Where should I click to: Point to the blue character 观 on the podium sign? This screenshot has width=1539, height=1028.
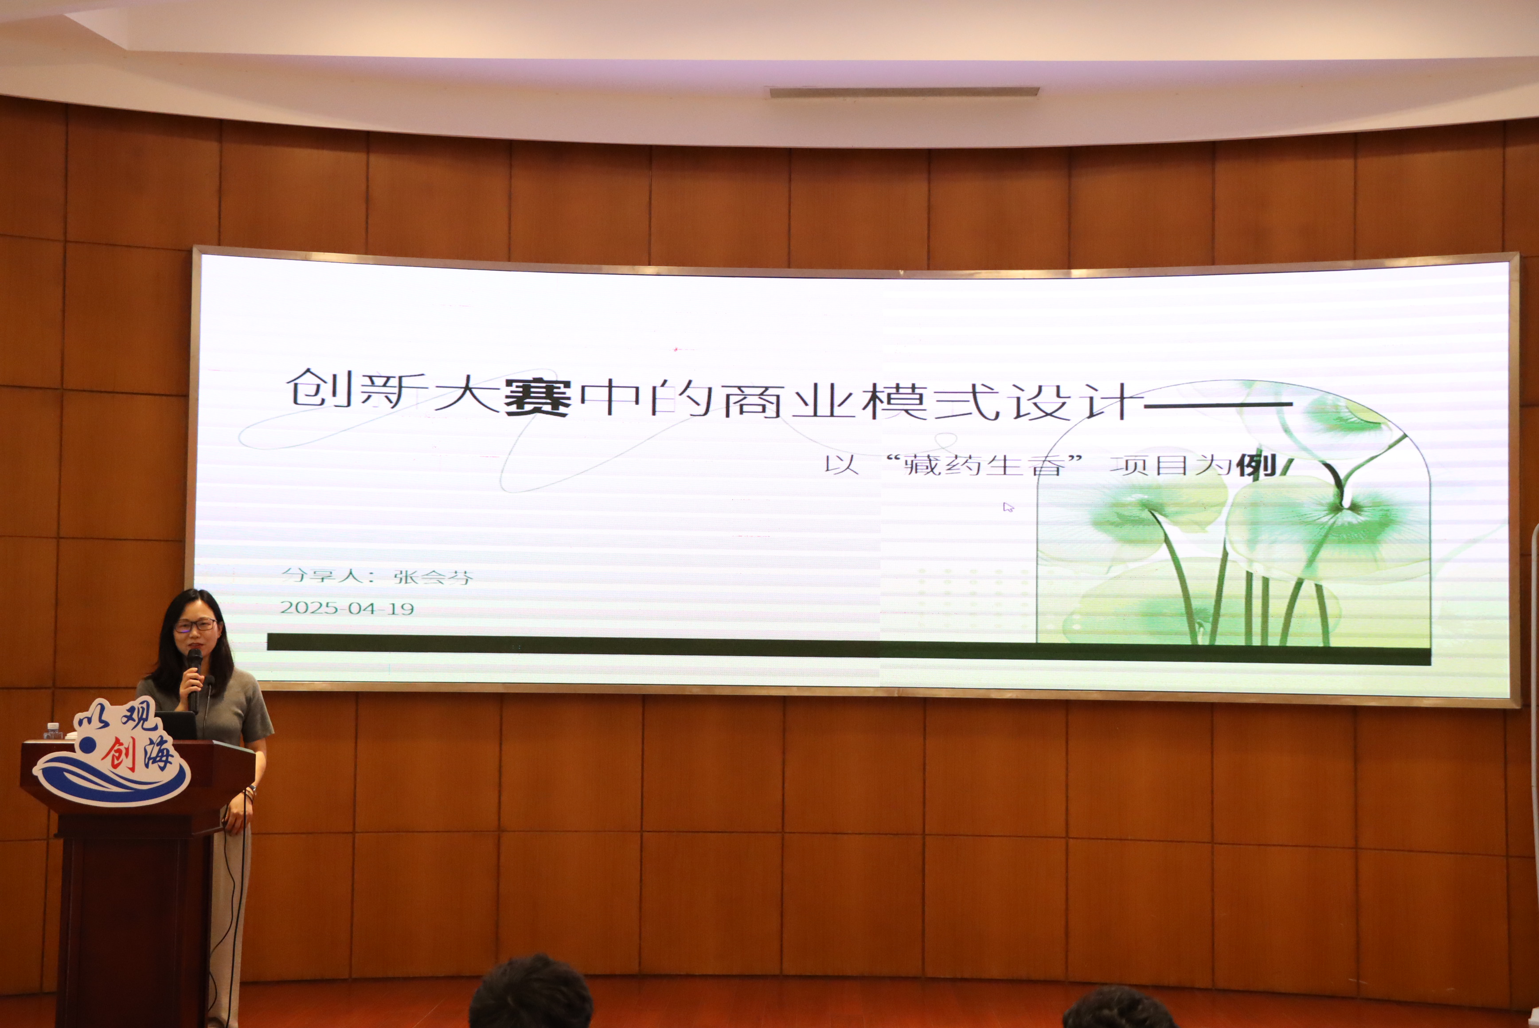[139, 715]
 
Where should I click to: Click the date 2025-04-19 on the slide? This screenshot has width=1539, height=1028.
[347, 608]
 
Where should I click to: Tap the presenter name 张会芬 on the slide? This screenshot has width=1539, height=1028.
[433, 576]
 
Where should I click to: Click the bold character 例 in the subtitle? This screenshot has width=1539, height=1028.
[1257, 465]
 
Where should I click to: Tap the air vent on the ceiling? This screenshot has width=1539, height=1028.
[904, 92]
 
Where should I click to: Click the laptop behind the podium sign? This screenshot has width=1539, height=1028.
[177, 724]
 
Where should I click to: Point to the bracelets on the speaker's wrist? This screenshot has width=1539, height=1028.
[249, 793]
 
